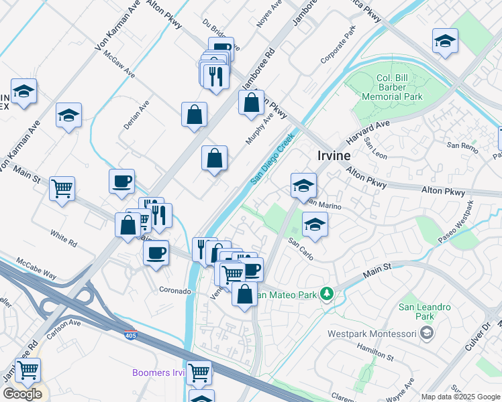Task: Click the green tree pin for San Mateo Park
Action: pos(327,293)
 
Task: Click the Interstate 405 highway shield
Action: pos(129,333)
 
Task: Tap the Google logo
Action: pos(21,393)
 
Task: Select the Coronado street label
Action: pos(175,290)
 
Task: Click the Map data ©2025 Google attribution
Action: pos(460,397)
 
